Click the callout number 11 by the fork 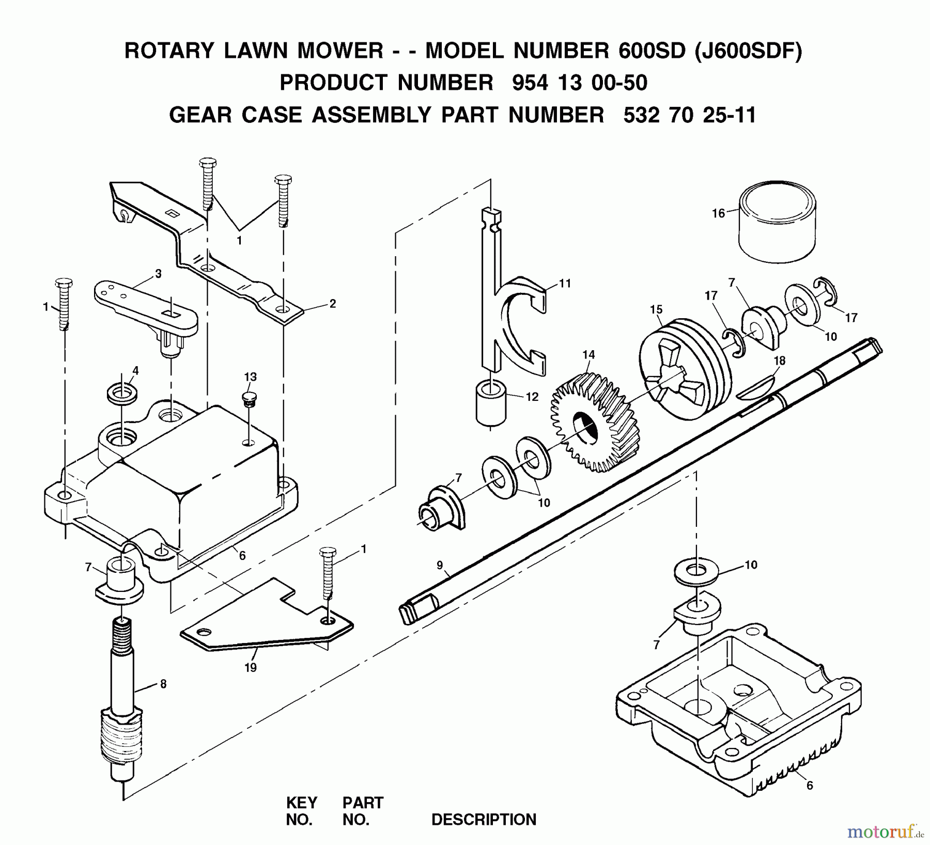tap(565, 283)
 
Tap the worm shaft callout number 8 tap(163, 684)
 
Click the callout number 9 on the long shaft tap(440, 565)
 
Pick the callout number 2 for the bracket tap(332, 304)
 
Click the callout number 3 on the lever tap(158, 274)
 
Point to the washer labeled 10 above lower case tap(696, 572)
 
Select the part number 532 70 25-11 tap(689, 115)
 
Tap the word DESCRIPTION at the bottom tap(484, 819)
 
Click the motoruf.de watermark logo tap(885, 831)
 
